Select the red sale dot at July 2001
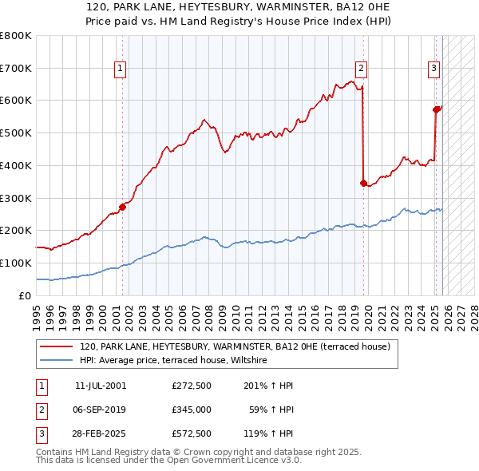[123, 207]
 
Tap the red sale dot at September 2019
[364, 183]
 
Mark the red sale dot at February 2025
[437, 109]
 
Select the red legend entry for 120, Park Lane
[235, 346]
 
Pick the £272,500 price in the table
[191, 385]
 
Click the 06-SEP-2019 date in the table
[100, 410]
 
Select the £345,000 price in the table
[191, 410]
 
